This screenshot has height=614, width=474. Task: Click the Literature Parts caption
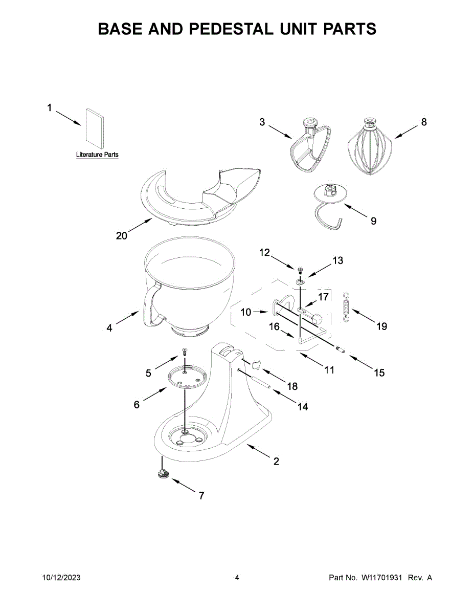[97, 155]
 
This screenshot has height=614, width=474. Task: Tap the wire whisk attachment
[370, 147]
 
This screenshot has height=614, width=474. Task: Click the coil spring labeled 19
[346, 307]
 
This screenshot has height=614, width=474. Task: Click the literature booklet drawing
[95, 128]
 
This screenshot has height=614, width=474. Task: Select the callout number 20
[122, 236]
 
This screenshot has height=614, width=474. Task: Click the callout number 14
[302, 407]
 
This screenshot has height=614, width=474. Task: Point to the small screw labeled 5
[185, 353]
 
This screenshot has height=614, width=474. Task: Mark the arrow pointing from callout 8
[406, 132]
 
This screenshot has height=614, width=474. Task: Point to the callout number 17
[324, 297]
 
